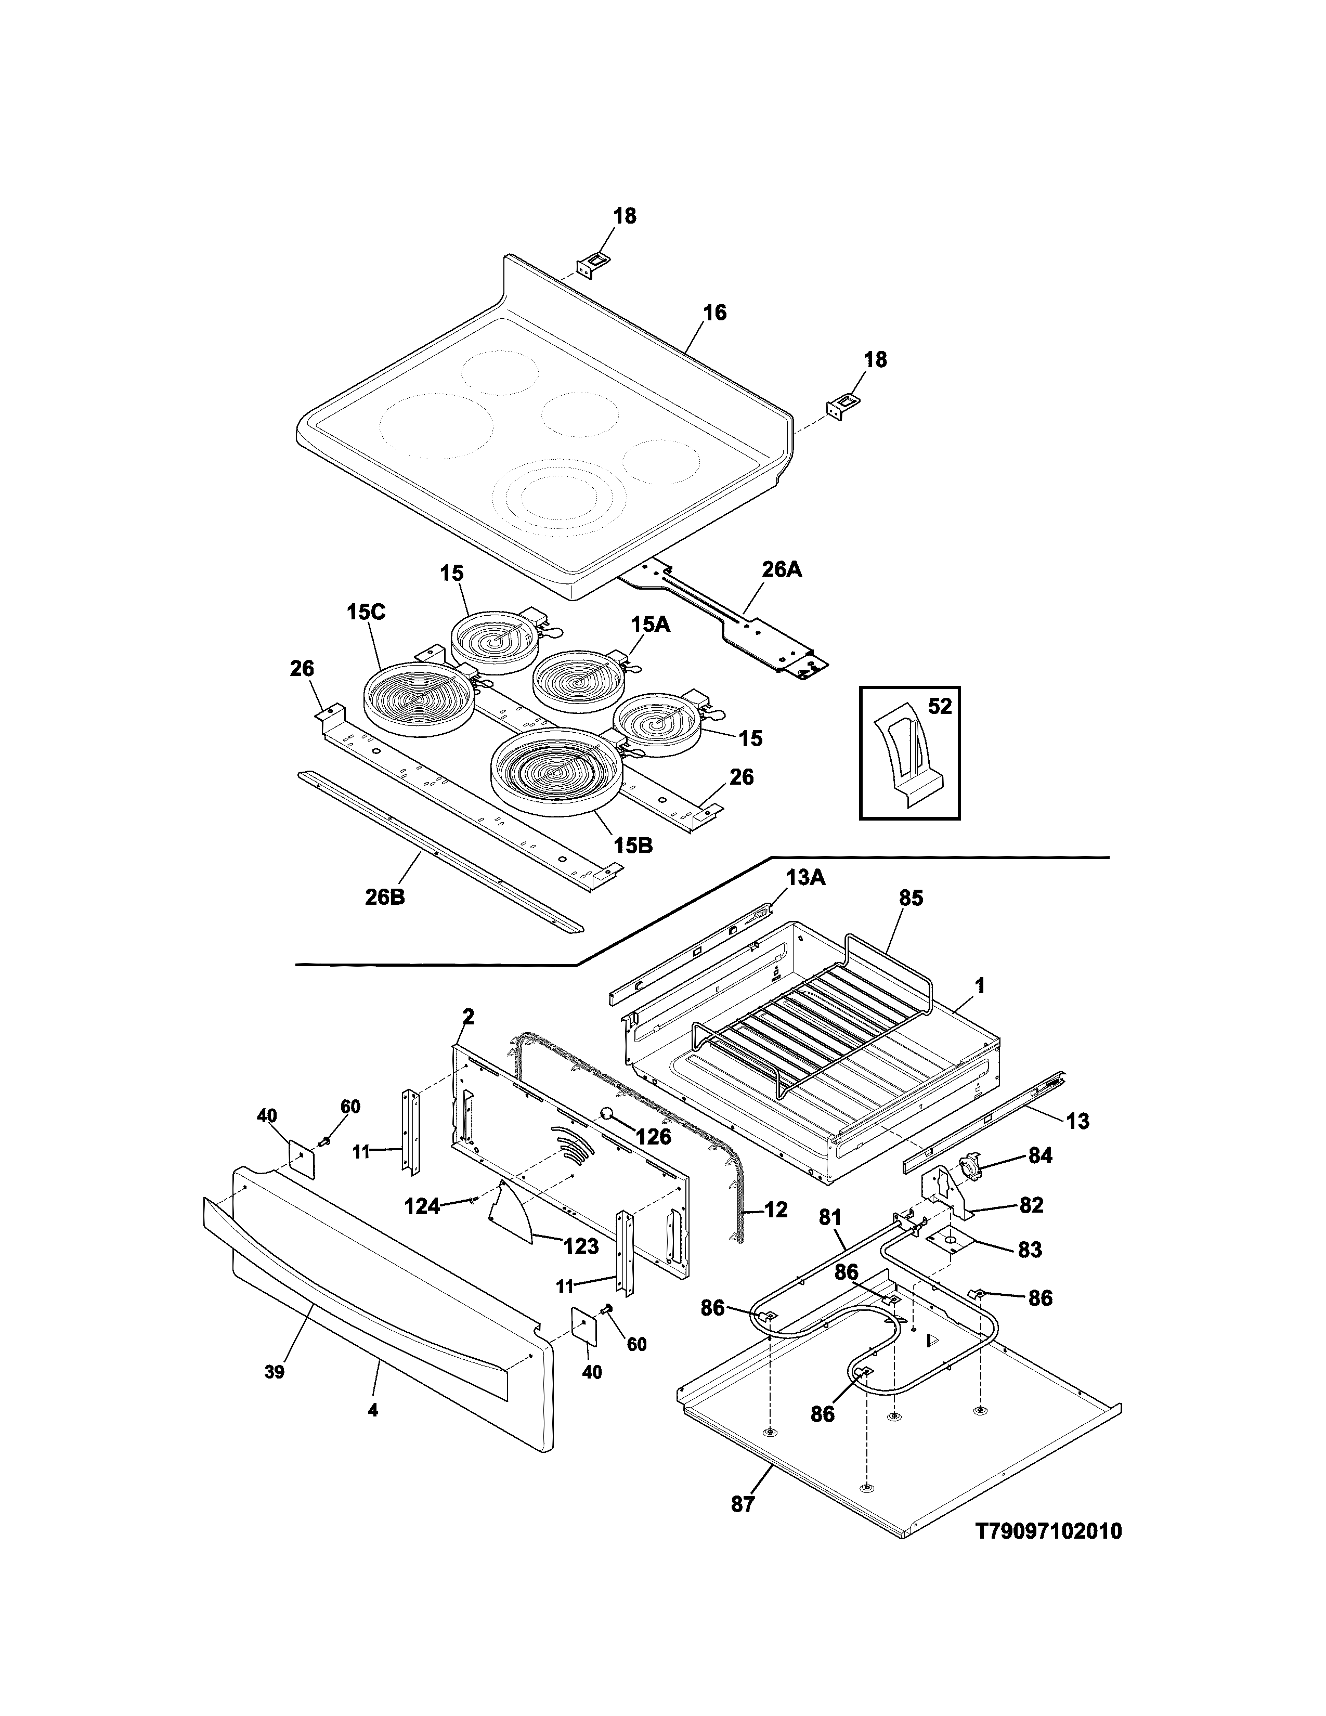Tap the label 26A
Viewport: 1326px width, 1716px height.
(x=781, y=569)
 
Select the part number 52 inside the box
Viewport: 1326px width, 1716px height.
(x=940, y=706)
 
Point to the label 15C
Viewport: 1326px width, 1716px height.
(x=366, y=612)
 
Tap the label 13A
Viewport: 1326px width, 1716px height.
(x=805, y=878)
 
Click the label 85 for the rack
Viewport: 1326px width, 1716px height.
(x=911, y=898)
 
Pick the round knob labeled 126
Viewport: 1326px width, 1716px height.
(x=608, y=1113)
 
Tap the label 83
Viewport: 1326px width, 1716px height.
(x=1029, y=1249)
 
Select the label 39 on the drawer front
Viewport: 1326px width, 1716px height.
(x=274, y=1371)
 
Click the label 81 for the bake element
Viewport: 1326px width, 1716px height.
(x=830, y=1218)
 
